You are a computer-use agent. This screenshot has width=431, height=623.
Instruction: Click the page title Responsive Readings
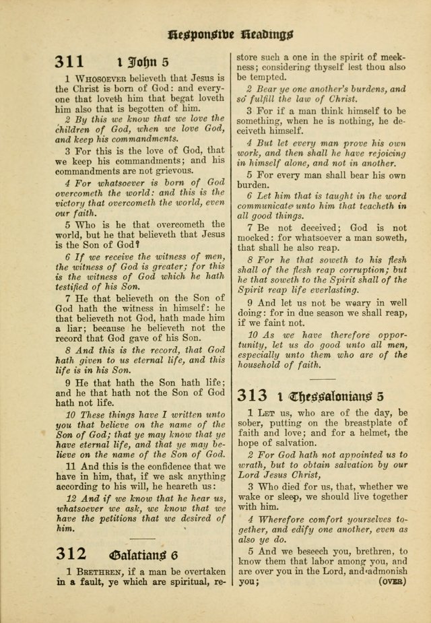tap(230, 33)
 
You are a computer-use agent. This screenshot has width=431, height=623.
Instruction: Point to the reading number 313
tap(254, 396)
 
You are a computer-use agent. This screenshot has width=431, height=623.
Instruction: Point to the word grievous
tap(176, 172)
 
